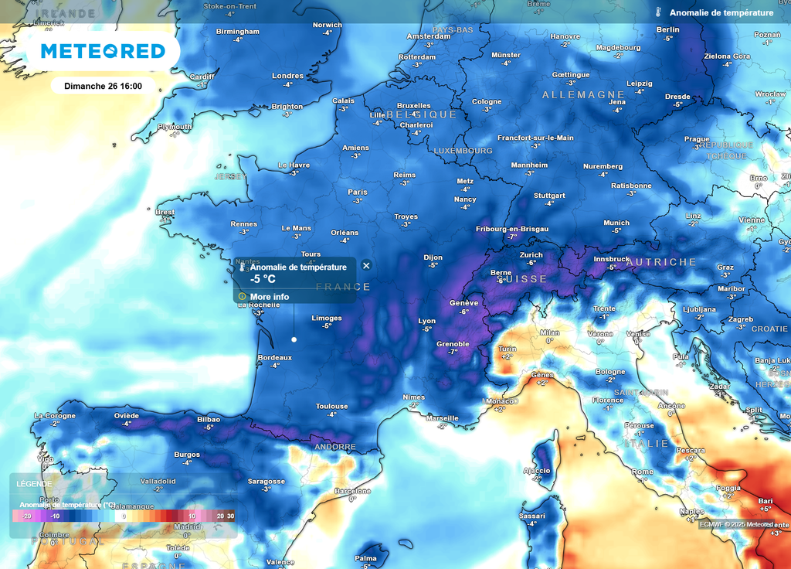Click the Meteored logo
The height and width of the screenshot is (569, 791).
coord(103,51)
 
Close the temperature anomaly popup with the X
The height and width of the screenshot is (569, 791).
coord(366,265)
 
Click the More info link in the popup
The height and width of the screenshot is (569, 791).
coord(269,296)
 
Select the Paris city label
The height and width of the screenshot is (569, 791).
coord(357,192)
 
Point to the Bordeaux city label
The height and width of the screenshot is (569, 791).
coord(274,357)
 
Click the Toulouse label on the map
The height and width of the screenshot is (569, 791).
coord(331,406)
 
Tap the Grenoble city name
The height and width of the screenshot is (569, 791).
coord(453,344)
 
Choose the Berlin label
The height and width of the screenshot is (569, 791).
coord(667,29)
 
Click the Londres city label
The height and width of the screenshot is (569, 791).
coord(287,76)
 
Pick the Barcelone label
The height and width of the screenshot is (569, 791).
coord(352,491)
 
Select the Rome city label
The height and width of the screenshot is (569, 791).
coord(642,472)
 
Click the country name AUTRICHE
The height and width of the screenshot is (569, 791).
coord(661,262)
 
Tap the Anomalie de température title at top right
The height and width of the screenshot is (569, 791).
coord(721,12)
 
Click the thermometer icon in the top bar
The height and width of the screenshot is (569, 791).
coord(659,12)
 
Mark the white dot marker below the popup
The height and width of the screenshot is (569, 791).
coord(294,339)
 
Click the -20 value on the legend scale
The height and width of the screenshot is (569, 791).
coord(25,516)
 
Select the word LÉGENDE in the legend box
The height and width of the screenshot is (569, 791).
coord(34,484)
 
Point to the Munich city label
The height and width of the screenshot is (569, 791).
coord(616,223)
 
